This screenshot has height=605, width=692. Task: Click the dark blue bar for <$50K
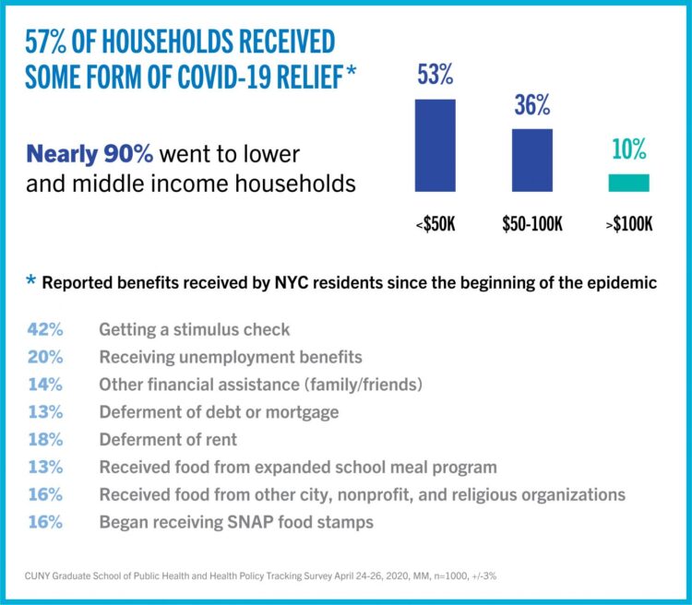tap(435, 145)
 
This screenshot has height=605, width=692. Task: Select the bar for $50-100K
tap(532, 160)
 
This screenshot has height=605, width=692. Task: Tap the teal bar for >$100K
tap(628, 183)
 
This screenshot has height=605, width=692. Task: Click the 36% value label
tap(531, 106)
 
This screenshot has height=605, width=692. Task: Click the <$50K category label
tap(435, 224)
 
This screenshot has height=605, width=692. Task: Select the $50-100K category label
tap(532, 224)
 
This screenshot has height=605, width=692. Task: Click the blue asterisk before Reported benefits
tap(31, 281)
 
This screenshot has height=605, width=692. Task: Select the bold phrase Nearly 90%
tap(89, 153)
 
